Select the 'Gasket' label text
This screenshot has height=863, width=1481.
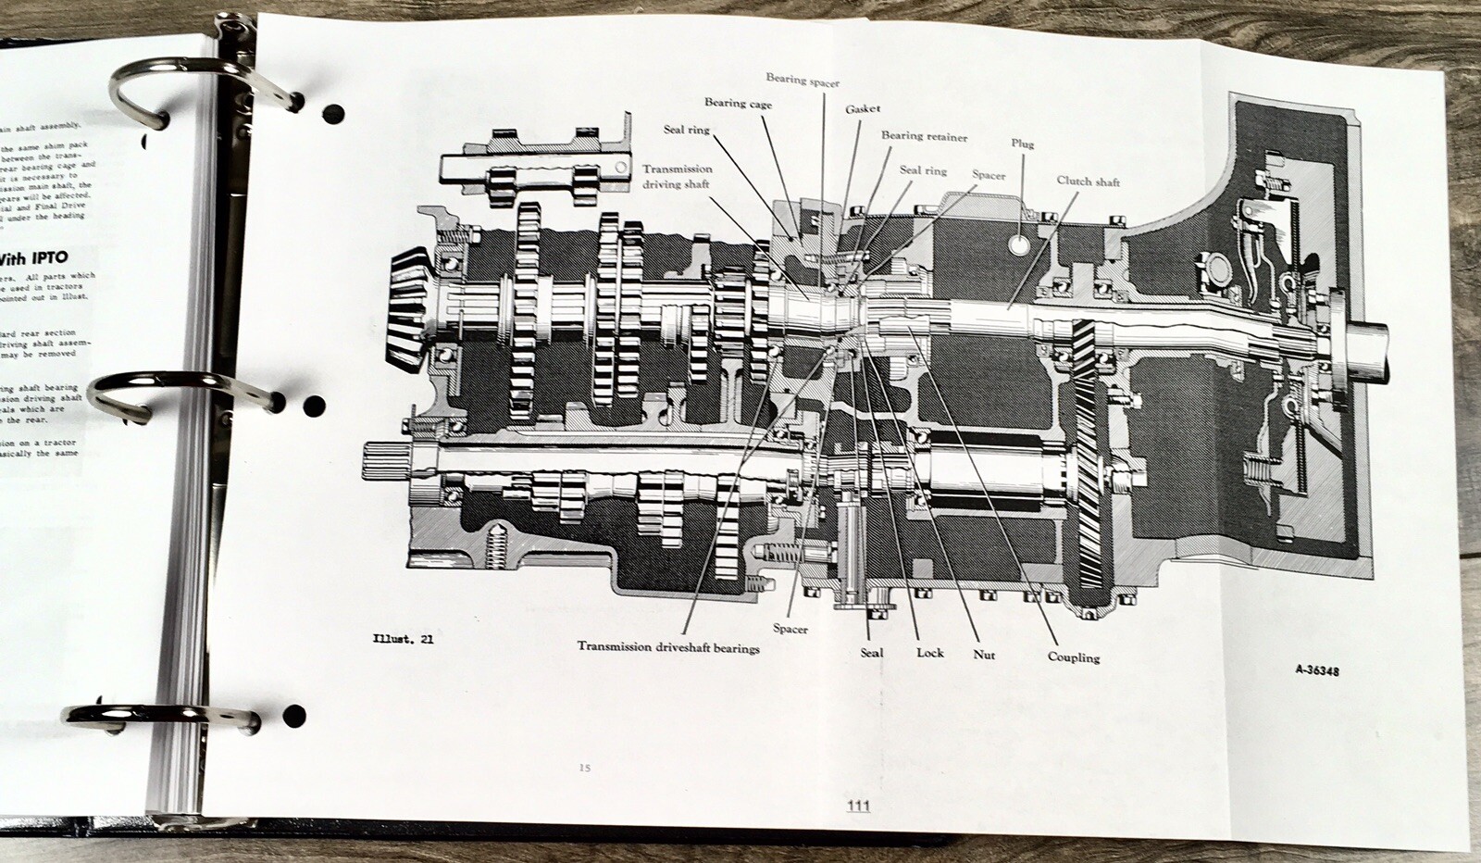[862, 109]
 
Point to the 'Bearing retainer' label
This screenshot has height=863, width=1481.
[924, 137]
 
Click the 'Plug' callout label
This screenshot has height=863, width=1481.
[1023, 144]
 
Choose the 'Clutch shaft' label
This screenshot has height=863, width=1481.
[1088, 181]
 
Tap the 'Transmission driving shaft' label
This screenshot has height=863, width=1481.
[678, 176]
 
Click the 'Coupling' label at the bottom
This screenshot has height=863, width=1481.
[1074, 657]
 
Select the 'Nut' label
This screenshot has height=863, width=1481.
[983, 655]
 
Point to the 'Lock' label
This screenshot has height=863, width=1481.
[929, 653]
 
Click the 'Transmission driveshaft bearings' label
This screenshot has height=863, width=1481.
[668, 648]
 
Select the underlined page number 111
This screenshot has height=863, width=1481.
[858, 807]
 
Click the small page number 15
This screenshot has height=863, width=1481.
[583, 768]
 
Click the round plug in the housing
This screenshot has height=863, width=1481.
[1019, 245]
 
